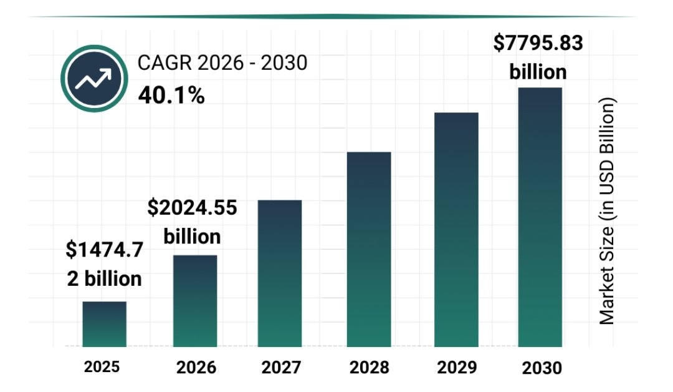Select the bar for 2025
pos(105,324)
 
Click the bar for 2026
pos(195,301)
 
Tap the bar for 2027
pos(280,273)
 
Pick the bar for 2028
pos(369,250)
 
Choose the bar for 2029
pos(456,230)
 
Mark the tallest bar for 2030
pos(540,217)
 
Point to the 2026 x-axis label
pos(196,367)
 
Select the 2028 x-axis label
pos(369,367)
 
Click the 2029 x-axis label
pos(456,367)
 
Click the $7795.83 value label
pos(538,44)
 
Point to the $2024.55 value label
pos(192,208)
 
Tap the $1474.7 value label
pos(105,250)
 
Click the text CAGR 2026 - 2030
pos(222,63)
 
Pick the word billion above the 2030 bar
pos(538,72)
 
